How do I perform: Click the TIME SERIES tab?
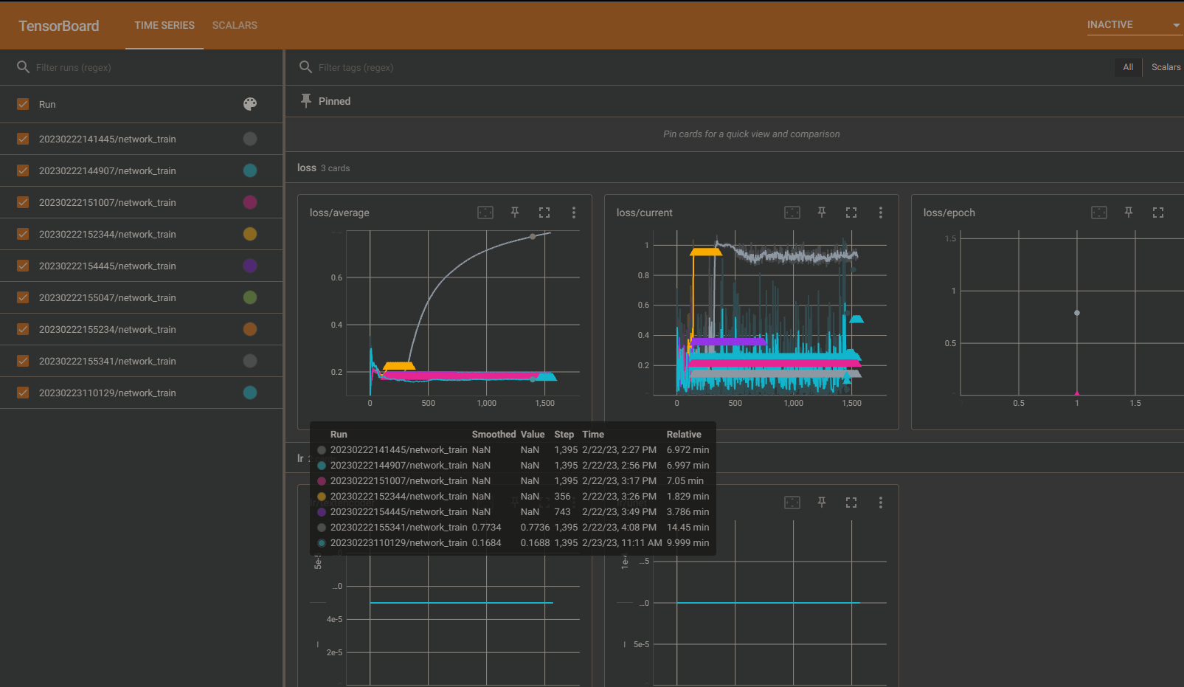click(165, 25)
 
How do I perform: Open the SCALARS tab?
click(235, 25)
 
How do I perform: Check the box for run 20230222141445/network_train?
click(23, 139)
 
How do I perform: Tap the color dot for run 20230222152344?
click(250, 234)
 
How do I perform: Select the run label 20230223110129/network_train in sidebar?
click(107, 393)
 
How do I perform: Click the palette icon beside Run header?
click(250, 104)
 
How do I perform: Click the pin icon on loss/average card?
click(515, 213)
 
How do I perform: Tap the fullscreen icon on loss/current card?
click(851, 213)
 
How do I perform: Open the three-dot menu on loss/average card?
click(574, 213)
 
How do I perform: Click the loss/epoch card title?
click(949, 213)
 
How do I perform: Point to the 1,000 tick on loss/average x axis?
click(486, 403)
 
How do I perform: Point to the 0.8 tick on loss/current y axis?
click(643, 275)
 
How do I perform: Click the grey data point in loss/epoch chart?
click(1077, 313)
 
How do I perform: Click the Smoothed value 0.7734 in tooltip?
click(486, 528)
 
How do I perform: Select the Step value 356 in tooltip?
click(562, 497)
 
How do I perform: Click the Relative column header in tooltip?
click(684, 435)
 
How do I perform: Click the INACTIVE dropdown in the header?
click(1133, 25)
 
